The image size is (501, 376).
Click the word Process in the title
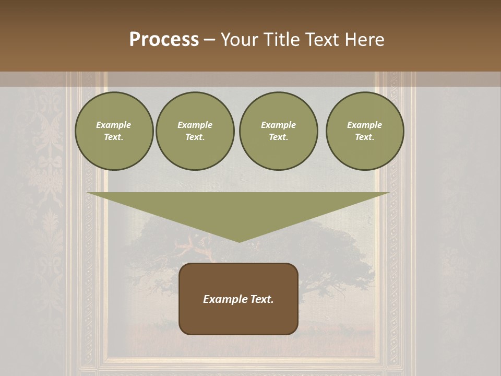[164, 40]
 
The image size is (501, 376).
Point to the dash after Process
[209, 40]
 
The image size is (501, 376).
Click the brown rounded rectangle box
[238, 319]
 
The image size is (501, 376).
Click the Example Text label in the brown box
[238, 299]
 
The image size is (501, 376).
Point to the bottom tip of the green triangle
[239, 241]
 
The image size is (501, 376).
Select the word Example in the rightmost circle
[364, 125]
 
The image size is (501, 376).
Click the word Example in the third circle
[278, 125]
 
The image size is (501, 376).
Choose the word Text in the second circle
[194, 137]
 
